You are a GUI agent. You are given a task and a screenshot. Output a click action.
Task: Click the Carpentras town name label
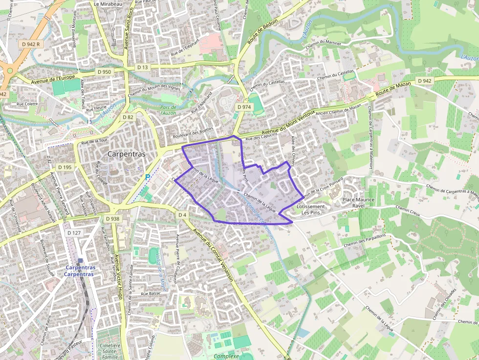click(x=126, y=153)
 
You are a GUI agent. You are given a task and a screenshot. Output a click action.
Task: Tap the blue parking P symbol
click(x=148, y=177)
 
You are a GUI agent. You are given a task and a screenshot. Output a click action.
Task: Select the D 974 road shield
click(x=243, y=107)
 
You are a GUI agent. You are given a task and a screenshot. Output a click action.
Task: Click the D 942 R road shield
click(x=31, y=44)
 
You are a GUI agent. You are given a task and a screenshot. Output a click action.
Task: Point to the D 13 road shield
click(x=142, y=67)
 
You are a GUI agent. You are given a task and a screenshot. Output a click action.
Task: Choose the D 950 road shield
click(x=104, y=72)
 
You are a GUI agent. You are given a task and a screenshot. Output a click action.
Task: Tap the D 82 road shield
click(x=128, y=117)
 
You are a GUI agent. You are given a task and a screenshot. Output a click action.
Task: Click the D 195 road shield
click(x=65, y=167)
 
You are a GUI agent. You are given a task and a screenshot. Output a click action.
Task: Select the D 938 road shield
click(x=112, y=219)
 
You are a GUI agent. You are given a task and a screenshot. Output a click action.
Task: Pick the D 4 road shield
click(x=182, y=215)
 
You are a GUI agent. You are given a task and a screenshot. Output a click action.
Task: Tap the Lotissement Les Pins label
click(x=310, y=210)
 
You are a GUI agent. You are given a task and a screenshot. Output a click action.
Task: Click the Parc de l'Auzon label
click(x=168, y=110)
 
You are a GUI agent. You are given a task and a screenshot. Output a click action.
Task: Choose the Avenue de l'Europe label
click(x=53, y=79)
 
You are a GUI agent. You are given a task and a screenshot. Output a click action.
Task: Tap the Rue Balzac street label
click(x=151, y=294)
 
